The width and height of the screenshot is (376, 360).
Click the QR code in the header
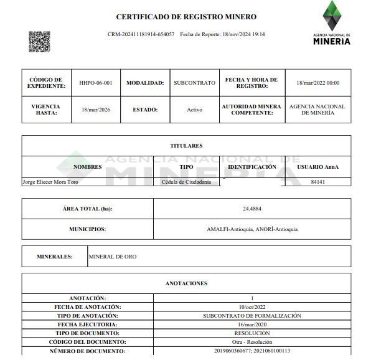click(39, 41)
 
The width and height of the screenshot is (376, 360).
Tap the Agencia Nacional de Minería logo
click(332, 23)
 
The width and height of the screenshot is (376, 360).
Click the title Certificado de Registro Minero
click(186, 17)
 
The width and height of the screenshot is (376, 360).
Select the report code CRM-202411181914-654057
click(141, 34)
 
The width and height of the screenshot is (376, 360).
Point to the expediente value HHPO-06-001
click(96, 83)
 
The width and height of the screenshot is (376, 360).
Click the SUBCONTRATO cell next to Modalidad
click(194, 83)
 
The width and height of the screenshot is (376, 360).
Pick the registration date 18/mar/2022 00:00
click(318, 83)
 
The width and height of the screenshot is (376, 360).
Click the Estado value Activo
click(194, 110)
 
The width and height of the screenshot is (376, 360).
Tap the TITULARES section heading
click(186, 146)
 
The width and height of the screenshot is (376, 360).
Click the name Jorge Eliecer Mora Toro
click(50, 182)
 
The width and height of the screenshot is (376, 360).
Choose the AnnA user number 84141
click(318, 182)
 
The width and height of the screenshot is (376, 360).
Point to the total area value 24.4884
click(252, 209)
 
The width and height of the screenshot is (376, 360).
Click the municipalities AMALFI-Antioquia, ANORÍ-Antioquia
click(252, 229)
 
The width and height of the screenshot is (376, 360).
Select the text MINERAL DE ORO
click(113, 257)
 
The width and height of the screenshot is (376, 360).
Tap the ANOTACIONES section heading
click(186, 283)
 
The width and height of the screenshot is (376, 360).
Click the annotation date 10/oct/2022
click(252, 307)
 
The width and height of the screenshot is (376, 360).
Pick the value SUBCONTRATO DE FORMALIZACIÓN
click(252, 316)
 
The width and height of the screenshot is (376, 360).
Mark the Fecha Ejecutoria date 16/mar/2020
click(252, 324)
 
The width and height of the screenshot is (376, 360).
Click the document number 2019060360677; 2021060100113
click(252, 351)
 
